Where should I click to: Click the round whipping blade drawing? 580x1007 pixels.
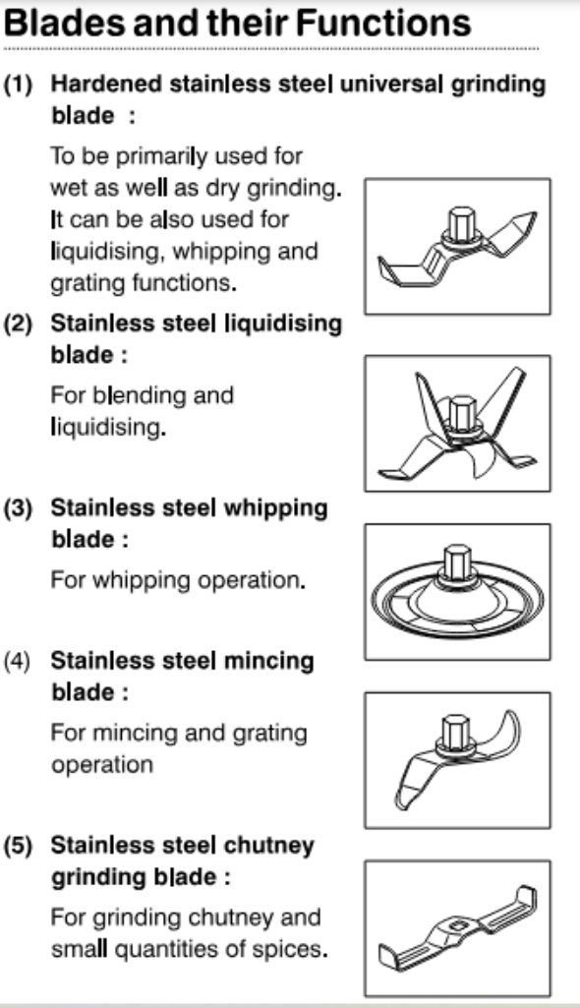coord(457,593)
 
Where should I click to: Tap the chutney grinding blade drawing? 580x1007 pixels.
coord(457,927)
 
